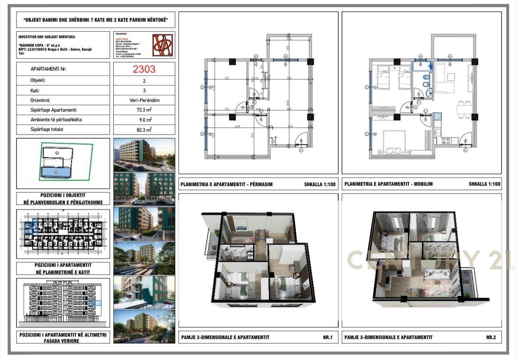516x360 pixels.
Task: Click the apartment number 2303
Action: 144,69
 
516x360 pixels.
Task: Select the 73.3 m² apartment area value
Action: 144,110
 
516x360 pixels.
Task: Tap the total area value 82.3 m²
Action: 144,129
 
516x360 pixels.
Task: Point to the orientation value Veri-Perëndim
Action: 144,100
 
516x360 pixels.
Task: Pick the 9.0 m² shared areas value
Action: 144,120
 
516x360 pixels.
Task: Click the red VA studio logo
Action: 163,45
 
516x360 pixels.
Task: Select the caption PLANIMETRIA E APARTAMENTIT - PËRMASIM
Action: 227,184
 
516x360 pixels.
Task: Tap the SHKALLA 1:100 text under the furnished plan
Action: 485,184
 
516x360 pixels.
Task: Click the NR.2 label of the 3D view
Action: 491,337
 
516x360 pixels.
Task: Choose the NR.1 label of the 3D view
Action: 327,337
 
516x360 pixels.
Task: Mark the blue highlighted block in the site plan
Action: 56,173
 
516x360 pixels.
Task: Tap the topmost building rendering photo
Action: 144,155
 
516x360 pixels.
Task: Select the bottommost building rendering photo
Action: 144,326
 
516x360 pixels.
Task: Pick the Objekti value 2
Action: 144,81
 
